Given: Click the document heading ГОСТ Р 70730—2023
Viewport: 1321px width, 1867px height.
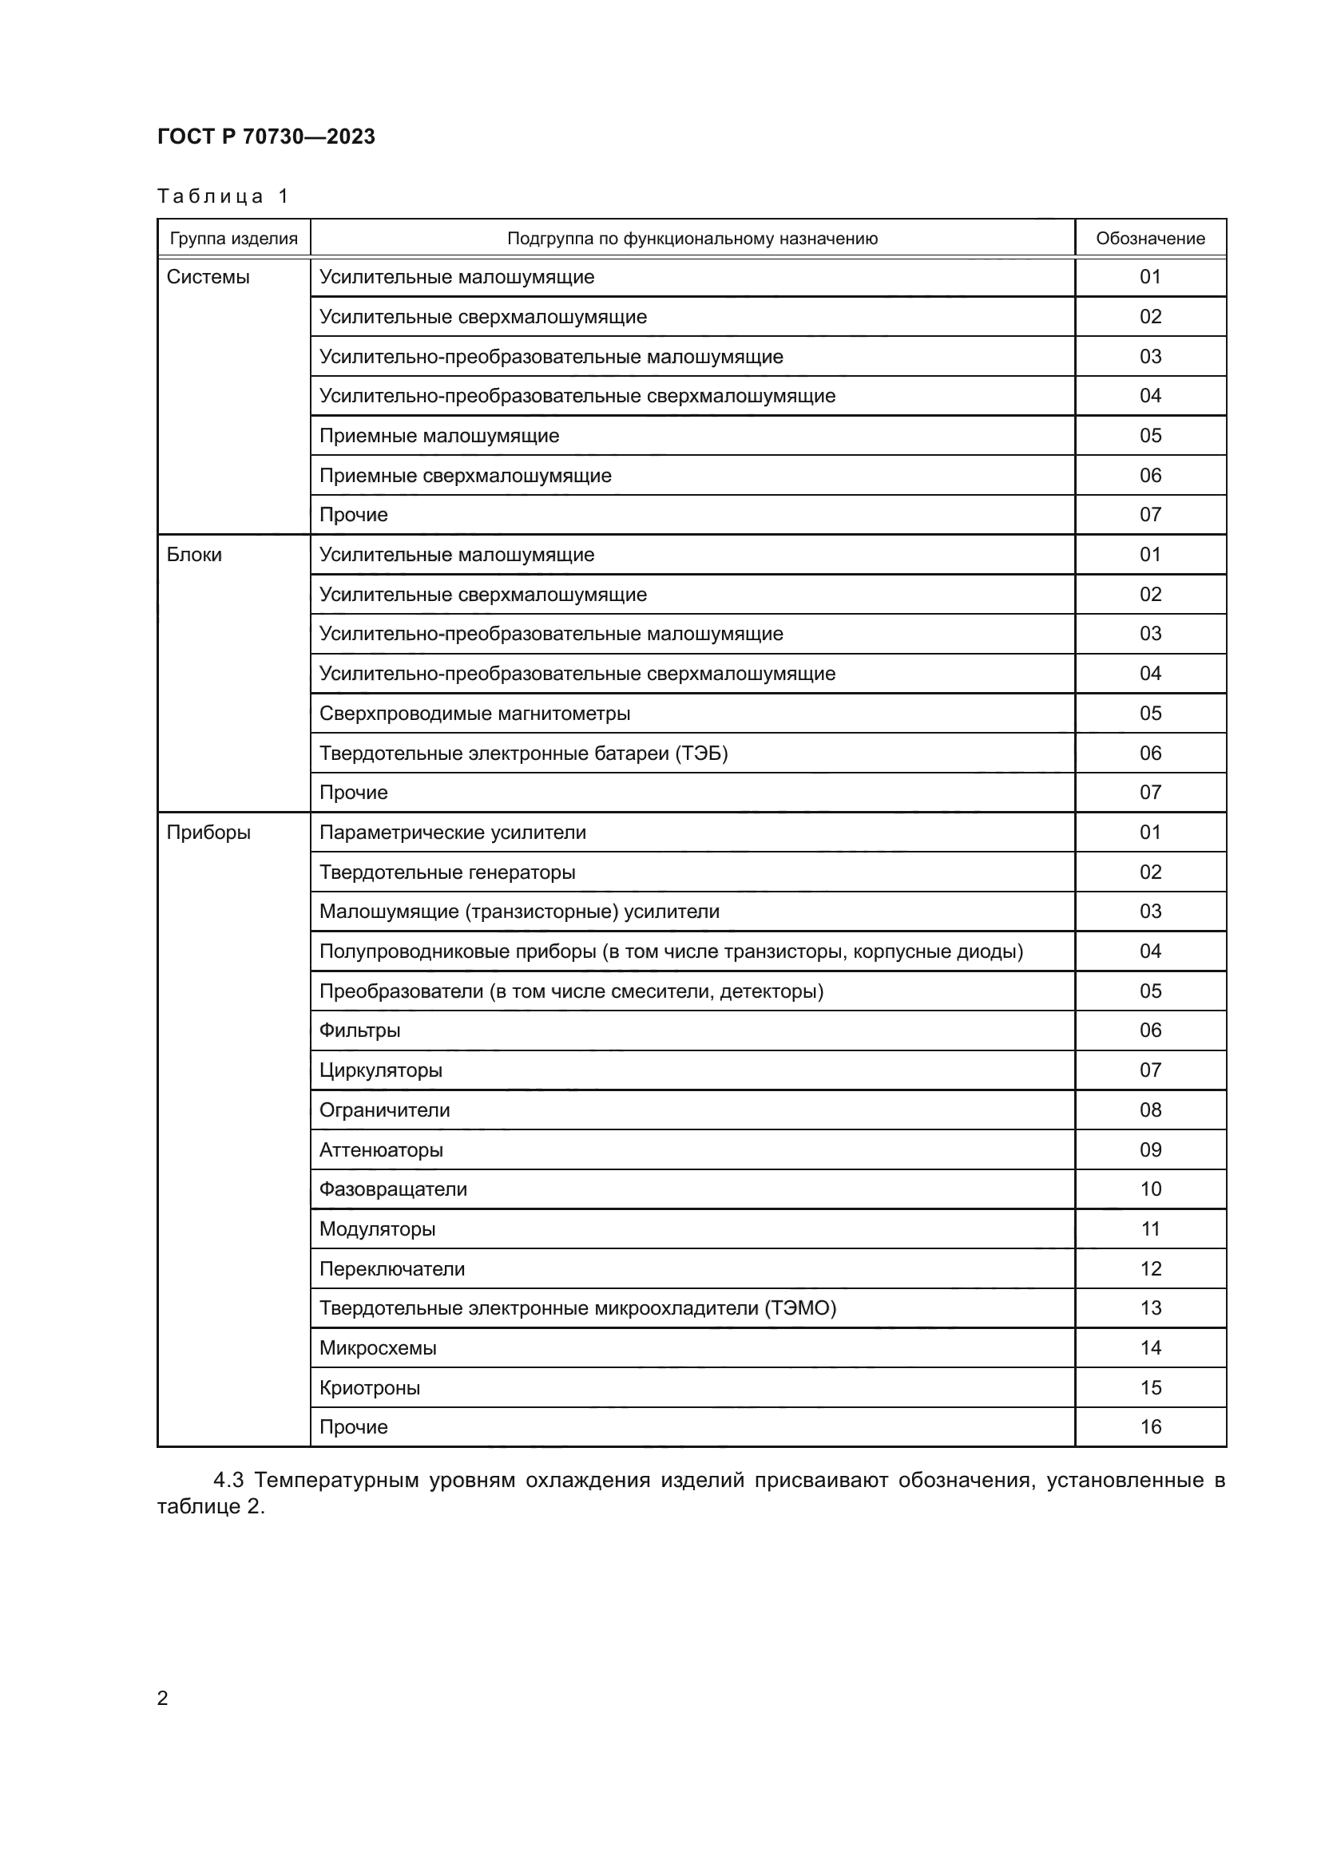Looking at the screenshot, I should [266, 136].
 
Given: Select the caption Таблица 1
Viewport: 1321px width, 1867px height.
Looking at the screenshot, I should [223, 196].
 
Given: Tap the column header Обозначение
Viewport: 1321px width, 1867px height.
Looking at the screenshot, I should [1149, 238].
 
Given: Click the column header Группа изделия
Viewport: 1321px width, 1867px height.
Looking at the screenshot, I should [233, 238].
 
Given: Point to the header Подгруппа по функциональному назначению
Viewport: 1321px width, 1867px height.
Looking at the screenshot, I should [692, 238].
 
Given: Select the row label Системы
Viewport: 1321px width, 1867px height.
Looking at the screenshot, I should [208, 277].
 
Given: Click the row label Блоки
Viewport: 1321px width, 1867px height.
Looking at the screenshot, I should [194, 555].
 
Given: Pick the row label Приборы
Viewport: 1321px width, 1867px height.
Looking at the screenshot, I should [208, 833].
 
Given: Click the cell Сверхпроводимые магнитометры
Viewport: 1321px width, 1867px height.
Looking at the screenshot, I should [474, 714].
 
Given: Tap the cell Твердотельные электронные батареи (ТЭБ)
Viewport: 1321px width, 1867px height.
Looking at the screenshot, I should [523, 754].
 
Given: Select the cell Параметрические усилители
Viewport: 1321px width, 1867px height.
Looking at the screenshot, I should [452, 833].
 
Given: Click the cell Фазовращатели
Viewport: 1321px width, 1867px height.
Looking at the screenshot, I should [393, 1189].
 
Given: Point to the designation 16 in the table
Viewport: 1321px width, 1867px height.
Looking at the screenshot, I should [1150, 1427].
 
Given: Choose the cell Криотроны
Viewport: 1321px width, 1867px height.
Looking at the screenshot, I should [369, 1388].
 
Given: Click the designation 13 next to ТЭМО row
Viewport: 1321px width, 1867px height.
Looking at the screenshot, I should [1150, 1308].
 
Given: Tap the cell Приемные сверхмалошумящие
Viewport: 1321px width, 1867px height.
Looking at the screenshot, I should [465, 476].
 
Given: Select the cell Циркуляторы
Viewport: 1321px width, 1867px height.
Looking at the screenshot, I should [380, 1071].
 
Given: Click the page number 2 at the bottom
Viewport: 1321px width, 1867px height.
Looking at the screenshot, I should [163, 1698].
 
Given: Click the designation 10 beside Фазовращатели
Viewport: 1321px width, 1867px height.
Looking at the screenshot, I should [1150, 1189].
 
